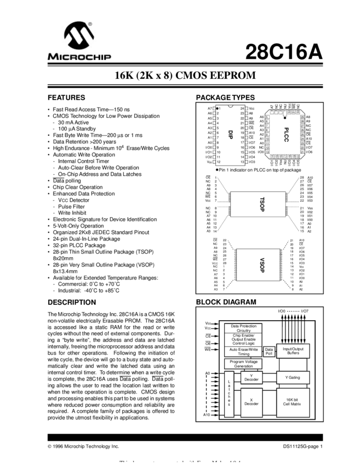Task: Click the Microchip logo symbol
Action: pos(79,36)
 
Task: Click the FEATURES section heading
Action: pos(66,98)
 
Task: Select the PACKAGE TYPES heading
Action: pos(225,98)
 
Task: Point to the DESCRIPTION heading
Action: pos(72,302)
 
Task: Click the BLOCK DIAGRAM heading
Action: pos(226,302)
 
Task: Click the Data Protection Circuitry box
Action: pos(243,328)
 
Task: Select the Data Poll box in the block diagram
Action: pos(268,351)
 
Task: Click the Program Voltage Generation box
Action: pos(243,364)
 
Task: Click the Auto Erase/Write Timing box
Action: pos(243,351)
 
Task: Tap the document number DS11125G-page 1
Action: pos(303,447)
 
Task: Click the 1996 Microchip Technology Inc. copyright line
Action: pos(83,447)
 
